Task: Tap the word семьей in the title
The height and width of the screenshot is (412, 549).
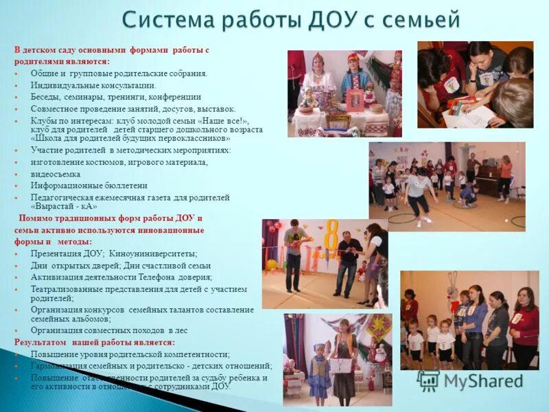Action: pos(419,21)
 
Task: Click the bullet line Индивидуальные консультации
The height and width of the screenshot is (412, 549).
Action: pos(93,86)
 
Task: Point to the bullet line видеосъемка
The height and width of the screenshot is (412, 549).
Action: pos(55,174)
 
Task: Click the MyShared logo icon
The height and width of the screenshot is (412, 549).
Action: pos(428,380)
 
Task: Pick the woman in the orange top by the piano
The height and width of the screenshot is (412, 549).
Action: pos(505,172)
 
